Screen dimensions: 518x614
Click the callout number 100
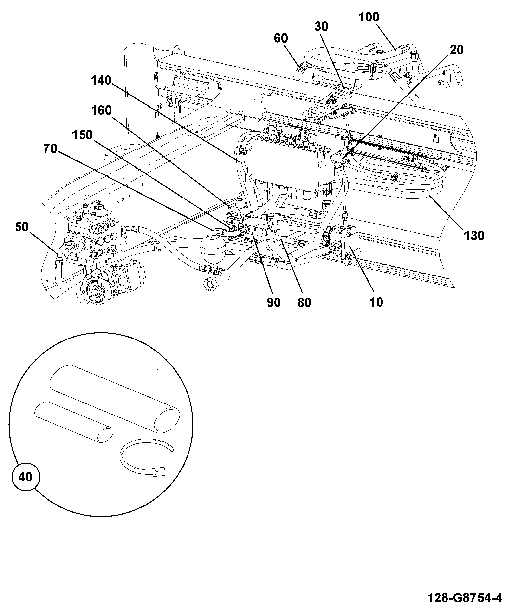[369, 17]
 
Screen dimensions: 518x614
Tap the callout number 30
[321, 27]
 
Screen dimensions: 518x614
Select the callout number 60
[281, 38]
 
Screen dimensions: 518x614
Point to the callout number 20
[457, 50]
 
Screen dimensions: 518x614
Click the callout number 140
[101, 80]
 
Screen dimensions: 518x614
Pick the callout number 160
[101, 110]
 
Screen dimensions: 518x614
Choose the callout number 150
[82, 135]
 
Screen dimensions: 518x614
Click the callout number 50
[22, 227]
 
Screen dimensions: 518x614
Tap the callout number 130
[474, 236]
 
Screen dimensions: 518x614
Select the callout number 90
[273, 302]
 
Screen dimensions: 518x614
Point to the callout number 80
[304, 302]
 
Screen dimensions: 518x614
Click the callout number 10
[376, 302]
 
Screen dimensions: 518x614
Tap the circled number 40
[26, 477]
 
